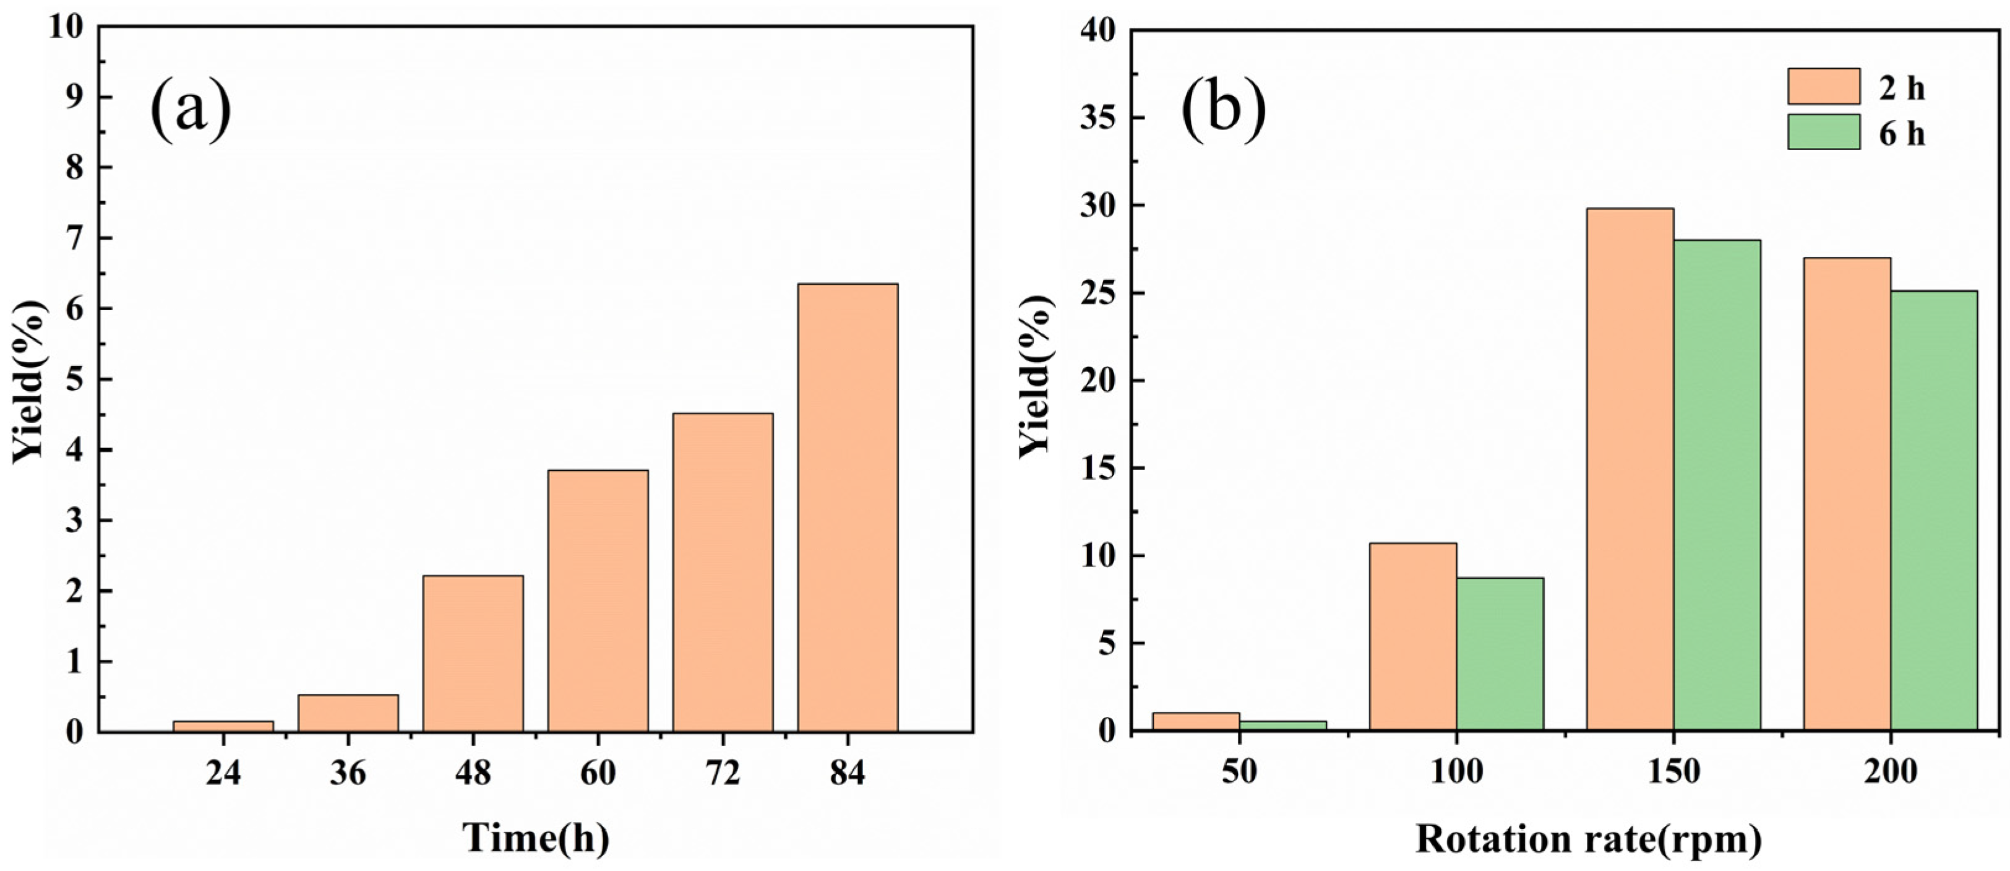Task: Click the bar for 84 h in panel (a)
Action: [848, 507]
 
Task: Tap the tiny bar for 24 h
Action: [223, 726]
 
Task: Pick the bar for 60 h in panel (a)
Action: [598, 600]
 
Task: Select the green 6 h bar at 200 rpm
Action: [1933, 511]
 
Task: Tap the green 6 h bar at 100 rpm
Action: [1500, 654]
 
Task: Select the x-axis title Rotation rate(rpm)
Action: [1588, 839]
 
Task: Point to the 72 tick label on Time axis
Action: [723, 773]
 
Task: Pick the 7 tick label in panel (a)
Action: [74, 238]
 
